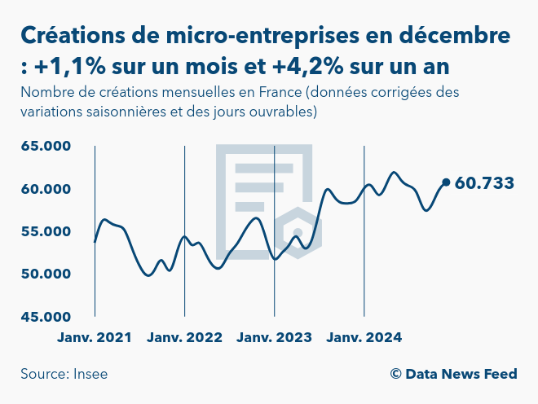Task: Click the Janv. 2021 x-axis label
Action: click(95, 336)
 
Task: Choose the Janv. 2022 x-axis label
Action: click(184, 336)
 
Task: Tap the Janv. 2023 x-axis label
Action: click(274, 336)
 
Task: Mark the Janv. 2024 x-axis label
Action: click(364, 336)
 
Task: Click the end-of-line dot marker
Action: click(446, 182)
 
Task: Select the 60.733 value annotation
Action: click(484, 183)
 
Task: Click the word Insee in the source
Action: click(90, 374)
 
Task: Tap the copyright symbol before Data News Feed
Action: click(395, 374)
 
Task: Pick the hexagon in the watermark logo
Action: click(298, 233)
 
